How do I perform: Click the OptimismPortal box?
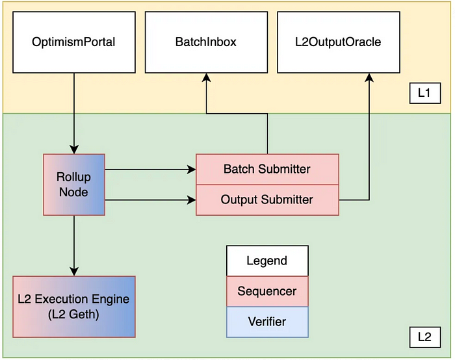pyautogui.click(x=73, y=43)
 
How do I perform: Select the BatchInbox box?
pyautogui.click(x=205, y=43)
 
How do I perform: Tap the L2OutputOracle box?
pyautogui.click(x=337, y=43)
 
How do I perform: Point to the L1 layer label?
pyautogui.click(x=424, y=94)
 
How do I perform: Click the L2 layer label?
pyautogui.click(x=424, y=337)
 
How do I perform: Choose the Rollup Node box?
pyautogui.click(x=73, y=185)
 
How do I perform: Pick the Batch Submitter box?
pyautogui.click(x=267, y=169)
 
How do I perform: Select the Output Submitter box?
pyautogui.click(x=267, y=199)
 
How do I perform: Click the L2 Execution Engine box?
pyautogui.click(x=73, y=307)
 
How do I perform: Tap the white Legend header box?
pyautogui.click(x=267, y=261)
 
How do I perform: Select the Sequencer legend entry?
pyautogui.click(x=267, y=291)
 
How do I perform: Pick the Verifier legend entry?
pyautogui.click(x=267, y=322)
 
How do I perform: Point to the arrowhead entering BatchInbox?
pyautogui.click(x=207, y=77)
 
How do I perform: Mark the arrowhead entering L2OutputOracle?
pyautogui.click(x=370, y=77)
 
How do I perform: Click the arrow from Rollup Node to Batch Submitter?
pyautogui.click(x=149, y=170)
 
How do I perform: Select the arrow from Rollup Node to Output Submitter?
pyautogui.click(x=149, y=199)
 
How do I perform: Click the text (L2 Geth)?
pyautogui.click(x=73, y=314)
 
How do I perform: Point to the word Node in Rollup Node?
pyautogui.click(x=73, y=192)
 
